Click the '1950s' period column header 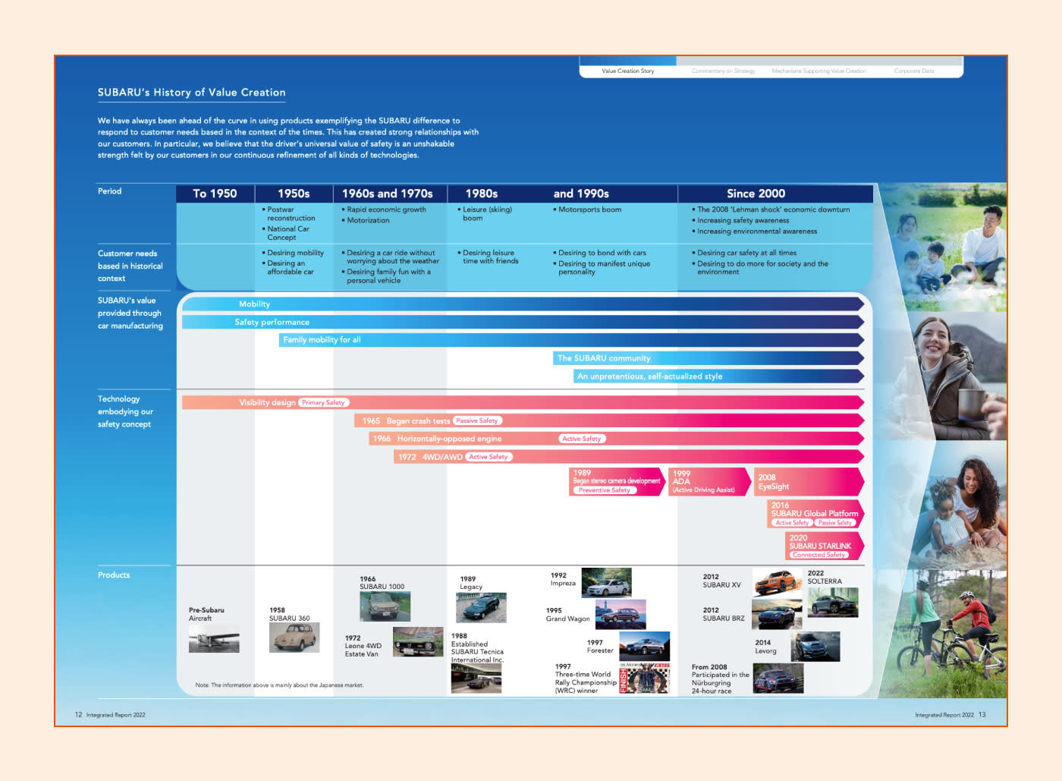(294, 194)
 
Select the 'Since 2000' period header (756, 194)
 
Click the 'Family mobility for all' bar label (322, 340)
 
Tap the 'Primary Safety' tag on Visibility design (323, 402)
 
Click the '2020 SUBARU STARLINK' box (823, 546)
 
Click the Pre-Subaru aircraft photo (214, 640)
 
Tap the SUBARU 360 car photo (294, 638)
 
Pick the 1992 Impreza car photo (606, 583)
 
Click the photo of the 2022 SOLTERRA (834, 603)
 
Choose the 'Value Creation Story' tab (627, 71)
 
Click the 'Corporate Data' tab (913, 71)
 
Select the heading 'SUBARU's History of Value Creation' (191, 93)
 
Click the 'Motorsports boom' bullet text (589, 209)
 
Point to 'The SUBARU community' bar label (604, 358)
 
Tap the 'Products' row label (114, 575)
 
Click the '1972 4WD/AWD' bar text (430, 457)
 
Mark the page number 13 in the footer (982, 714)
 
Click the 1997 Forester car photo (644, 646)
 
